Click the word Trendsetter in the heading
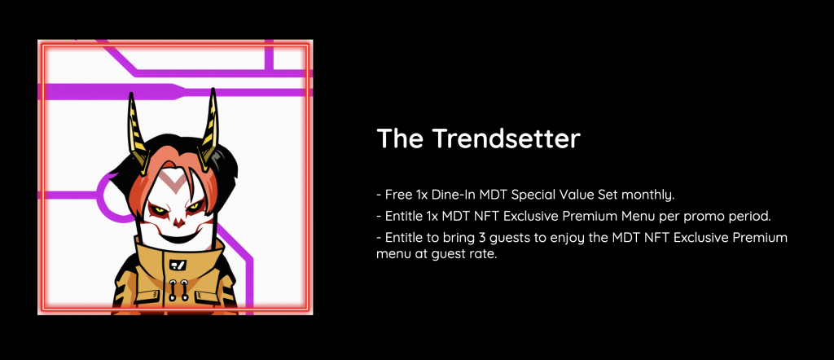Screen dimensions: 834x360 pyautogui.click(x=505, y=138)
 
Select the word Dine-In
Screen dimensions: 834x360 pyautogui.click(x=454, y=195)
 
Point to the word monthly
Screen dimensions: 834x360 pyautogui.click(x=647, y=195)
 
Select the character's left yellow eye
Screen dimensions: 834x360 pyautogui.click(x=158, y=208)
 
